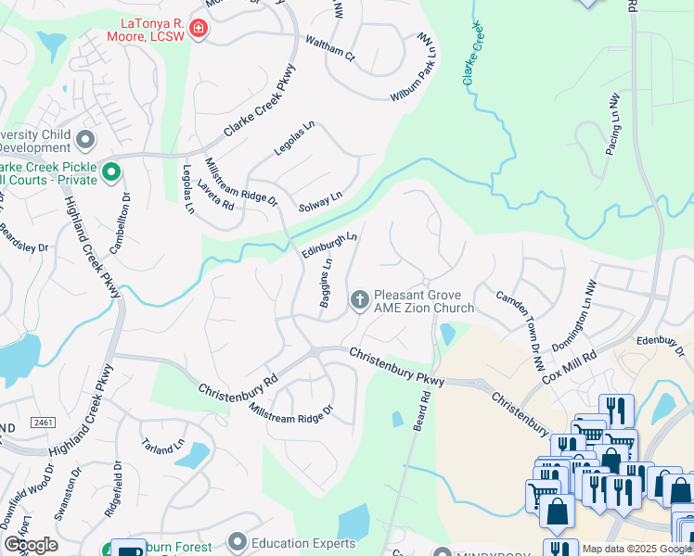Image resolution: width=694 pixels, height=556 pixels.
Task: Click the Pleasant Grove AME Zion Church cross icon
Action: [x=359, y=299]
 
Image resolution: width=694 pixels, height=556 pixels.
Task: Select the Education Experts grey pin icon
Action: [x=238, y=541]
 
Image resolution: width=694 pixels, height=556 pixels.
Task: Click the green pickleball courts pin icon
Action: [x=111, y=171]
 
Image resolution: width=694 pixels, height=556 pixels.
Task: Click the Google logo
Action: [x=31, y=545]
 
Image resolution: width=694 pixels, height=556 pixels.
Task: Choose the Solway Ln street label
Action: [x=320, y=200]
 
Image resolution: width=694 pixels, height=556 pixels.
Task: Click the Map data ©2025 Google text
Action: [x=636, y=549]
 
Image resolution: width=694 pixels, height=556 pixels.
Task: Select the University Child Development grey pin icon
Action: [x=86, y=140]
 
